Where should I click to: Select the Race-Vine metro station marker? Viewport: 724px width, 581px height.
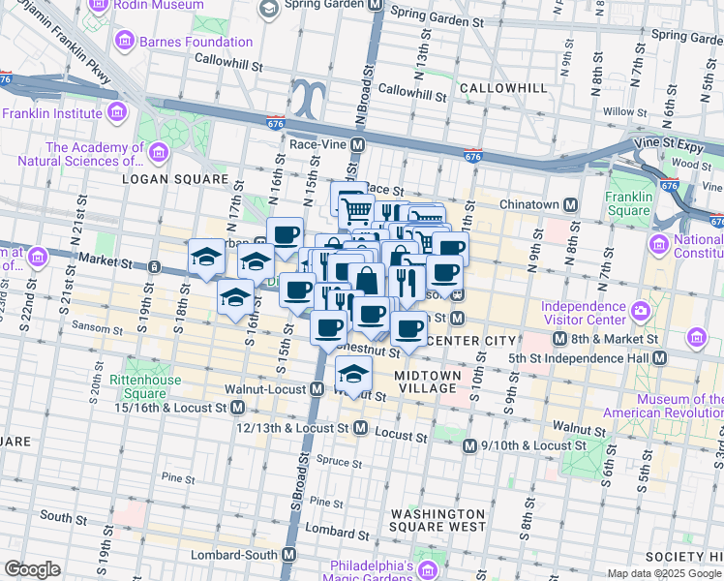357,144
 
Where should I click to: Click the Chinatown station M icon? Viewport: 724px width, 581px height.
571,204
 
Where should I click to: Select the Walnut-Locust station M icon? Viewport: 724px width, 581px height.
317,389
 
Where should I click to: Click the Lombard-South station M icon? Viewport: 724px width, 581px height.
287,555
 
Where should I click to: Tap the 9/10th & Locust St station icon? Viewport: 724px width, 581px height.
468,445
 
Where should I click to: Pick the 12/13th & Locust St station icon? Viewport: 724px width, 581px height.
360,427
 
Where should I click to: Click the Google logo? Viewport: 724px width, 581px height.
32,569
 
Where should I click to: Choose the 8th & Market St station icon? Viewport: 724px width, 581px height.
559,339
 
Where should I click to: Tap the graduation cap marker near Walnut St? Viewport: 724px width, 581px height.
354,374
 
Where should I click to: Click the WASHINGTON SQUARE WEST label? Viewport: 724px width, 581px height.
437,520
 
